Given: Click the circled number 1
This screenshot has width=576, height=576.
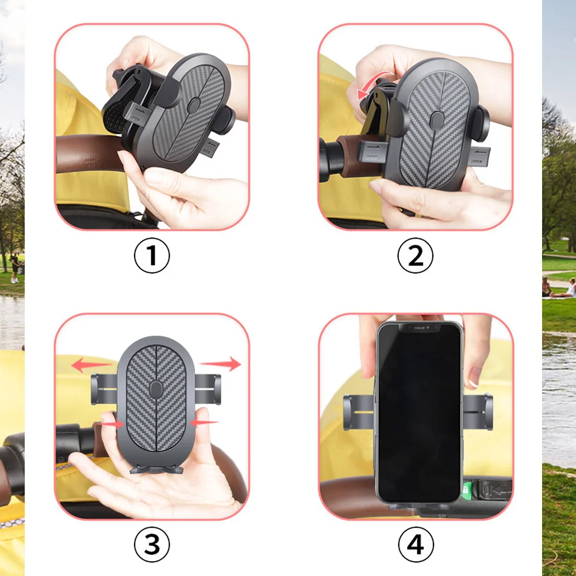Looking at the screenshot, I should pos(152,255).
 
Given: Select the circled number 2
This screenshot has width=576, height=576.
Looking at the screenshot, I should pos(415,255).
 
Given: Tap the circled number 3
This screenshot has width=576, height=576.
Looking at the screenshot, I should pos(152,544).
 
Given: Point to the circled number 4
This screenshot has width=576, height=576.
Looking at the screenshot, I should pos(415,544).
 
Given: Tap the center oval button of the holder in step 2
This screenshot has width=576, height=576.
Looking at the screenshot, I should pos(436,119).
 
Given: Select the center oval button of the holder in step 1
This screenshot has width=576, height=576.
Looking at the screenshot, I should pos(194,105).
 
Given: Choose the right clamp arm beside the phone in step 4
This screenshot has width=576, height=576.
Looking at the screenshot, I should pos(478,412).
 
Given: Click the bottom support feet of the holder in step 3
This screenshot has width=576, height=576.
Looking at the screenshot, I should pos(155,469).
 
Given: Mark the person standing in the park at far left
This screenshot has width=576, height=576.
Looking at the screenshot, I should pos(14,268).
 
